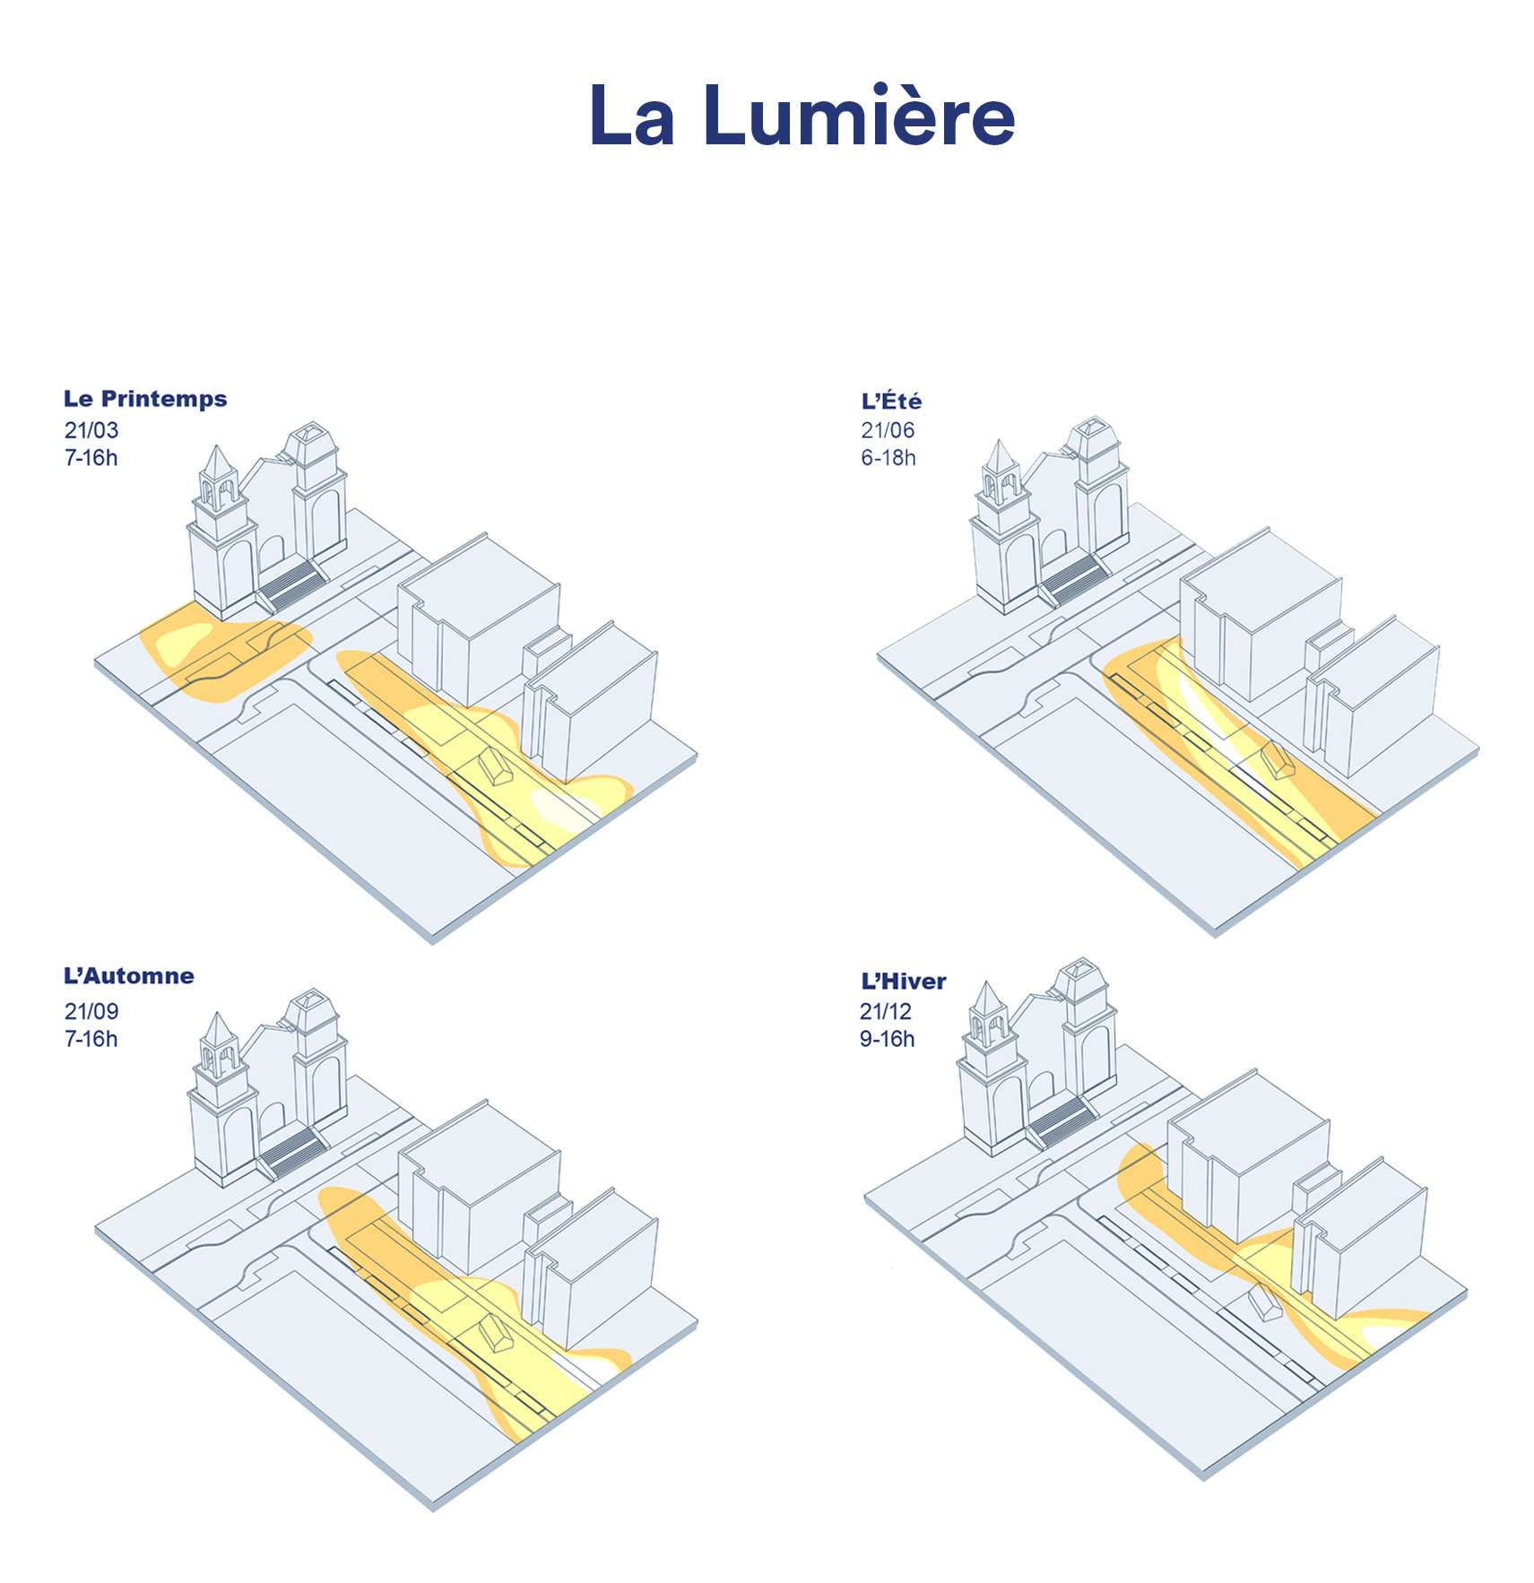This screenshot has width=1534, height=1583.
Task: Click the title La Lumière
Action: point(802,116)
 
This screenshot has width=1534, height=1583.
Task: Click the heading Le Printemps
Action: point(145,399)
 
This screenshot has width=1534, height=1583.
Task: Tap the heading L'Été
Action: point(891,401)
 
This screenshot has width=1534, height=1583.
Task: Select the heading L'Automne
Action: point(129,976)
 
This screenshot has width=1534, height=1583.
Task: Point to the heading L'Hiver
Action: point(903,981)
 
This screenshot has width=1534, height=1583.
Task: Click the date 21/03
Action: point(91,430)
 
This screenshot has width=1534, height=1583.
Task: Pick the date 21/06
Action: point(888,430)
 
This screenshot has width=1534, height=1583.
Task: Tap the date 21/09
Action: point(91,1011)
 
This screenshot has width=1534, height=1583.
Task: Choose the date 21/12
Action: point(885,1011)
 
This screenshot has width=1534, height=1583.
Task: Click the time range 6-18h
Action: point(888,458)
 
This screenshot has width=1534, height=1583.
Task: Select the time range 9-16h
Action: point(887,1039)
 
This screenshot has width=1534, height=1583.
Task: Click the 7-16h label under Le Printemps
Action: point(91,458)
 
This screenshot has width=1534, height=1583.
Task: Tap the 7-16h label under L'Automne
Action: point(91,1039)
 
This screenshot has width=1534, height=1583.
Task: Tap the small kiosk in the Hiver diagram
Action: point(1265,1302)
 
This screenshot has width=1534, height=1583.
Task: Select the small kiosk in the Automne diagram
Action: point(495,1332)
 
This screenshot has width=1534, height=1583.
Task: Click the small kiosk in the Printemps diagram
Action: point(495,766)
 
